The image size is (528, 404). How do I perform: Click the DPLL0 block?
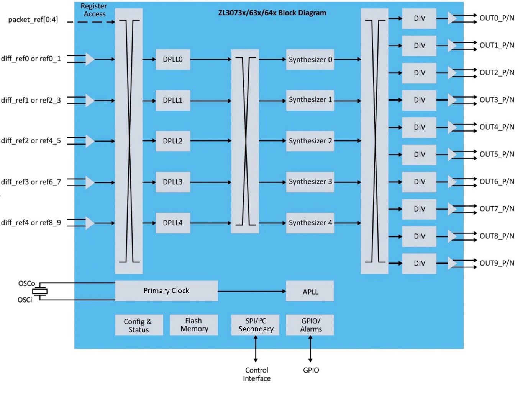pyautogui.click(x=173, y=59)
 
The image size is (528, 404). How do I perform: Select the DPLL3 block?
pyautogui.click(x=173, y=182)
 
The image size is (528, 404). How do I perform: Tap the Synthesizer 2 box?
pyautogui.click(x=310, y=141)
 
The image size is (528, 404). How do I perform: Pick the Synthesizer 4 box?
pyautogui.click(x=310, y=223)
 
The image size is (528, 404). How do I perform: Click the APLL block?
pyautogui.click(x=310, y=292)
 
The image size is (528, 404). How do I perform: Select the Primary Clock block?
pyautogui.click(x=166, y=291)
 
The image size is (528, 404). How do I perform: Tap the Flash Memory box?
pyautogui.click(x=194, y=325)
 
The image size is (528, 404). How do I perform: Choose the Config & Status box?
pyautogui.click(x=139, y=325)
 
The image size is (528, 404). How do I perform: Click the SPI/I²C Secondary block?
pyautogui.click(x=255, y=325)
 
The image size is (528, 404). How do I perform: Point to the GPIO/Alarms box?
pyautogui.click(x=310, y=325)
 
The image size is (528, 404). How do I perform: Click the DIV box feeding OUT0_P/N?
pyautogui.click(x=419, y=18)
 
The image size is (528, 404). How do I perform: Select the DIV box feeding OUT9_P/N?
pyautogui.click(x=419, y=263)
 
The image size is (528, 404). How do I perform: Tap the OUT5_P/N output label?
pyautogui.click(x=497, y=154)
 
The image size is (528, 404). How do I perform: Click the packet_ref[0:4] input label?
pyautogui.click(x=33, y=20)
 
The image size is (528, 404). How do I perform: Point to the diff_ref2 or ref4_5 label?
pyautogui.click(x=31, y=141)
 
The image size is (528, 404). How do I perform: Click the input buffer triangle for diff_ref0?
pyautogui.click(x=89, y=59)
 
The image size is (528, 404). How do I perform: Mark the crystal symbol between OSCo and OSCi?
pyautogui.click(x=39, y=292)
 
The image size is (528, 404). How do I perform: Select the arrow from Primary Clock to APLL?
pyautogui.click(x=251, y=292)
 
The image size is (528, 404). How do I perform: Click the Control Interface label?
pyautogui.click(x=256, y=374)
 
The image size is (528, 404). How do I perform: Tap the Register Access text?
pyautogui.click(x=94, y=10)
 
